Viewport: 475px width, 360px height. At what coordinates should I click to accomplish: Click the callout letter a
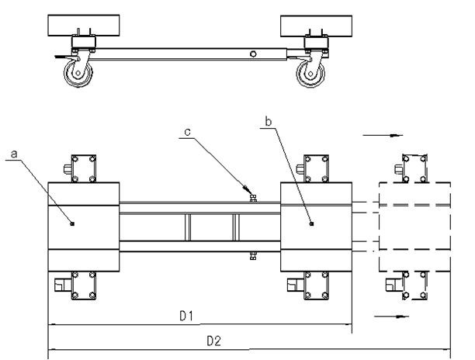14,154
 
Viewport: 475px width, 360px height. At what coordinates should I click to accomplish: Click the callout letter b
269,121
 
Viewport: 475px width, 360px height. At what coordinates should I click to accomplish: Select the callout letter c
188,132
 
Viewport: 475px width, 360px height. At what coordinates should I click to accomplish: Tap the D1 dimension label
186,316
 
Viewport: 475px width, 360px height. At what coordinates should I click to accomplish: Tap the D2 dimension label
214,341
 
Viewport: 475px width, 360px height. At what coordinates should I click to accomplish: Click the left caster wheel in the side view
78,73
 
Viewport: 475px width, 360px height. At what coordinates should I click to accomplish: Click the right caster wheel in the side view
310,74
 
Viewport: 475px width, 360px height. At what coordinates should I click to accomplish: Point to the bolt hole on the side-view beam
253,54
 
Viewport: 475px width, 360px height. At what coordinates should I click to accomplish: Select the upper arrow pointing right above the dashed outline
383,135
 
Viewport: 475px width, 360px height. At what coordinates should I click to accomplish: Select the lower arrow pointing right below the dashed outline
391,317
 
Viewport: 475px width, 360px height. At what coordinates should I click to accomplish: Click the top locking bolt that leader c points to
253,199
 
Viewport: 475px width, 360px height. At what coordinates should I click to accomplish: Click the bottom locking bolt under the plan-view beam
253,256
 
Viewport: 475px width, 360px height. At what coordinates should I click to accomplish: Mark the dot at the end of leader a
72,223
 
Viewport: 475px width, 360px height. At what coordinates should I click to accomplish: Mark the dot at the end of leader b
312,223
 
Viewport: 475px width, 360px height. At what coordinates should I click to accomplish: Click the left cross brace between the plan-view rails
188,227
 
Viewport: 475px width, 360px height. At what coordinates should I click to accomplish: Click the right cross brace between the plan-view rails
236,227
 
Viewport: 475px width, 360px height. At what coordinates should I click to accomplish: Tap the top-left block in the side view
84,26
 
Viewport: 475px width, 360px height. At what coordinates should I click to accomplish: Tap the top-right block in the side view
316,26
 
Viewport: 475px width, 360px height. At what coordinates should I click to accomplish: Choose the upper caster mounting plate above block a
84,168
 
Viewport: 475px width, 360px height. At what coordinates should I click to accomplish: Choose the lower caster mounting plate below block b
316,286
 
